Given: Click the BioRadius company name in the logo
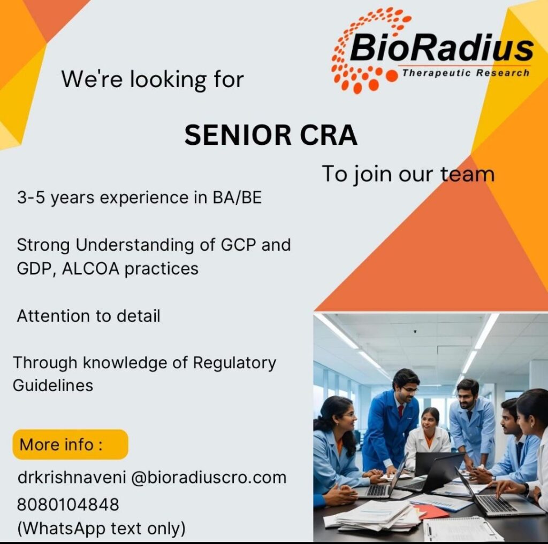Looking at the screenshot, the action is pyautogui.click(x=442, y=48).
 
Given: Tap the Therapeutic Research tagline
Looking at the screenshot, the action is pyautogui.click(x=466, y=73).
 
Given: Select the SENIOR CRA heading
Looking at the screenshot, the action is pyautogui.click(x=271, y=135).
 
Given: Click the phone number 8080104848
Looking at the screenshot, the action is pyautogui.click(x=68, y=504).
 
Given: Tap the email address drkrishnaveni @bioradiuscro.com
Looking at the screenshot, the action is pyautogui.click(x=152, y=477).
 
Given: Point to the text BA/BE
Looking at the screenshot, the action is pyautogui.click(x=237, y=198).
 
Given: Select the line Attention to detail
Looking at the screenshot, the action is pyautogui.click(x=88, y=316).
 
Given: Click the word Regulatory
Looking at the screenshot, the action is pyautogui.click(x=234, y=363).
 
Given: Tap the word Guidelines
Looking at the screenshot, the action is pyautogui.click(x=53, y=386).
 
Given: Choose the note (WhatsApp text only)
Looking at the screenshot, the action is pyautogui.click(x=101, y=529).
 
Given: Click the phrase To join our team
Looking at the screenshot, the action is pyautogui.click(x=408, y=174).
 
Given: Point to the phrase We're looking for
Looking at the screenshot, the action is pyautogui.click(x=153, y=80).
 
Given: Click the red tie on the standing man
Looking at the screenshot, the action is pyautogui.click(x=400, y=411).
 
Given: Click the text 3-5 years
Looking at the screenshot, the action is pyautogui.click(x=56, y=198).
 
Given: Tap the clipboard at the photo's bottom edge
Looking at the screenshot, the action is pyautogui.click(x=459, y=529).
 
